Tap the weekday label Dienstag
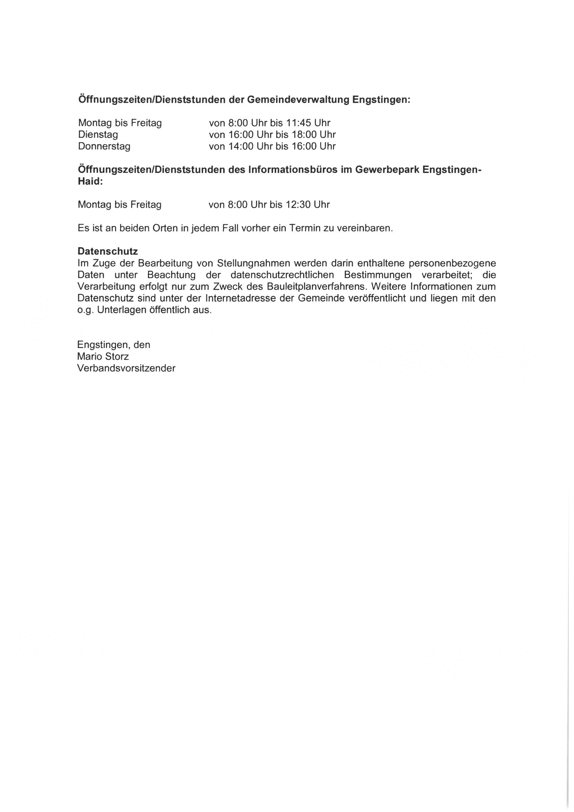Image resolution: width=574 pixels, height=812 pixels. point(98,135)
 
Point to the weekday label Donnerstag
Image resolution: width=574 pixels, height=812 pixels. point(104,147)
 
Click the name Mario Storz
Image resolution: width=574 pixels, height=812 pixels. point(103,356)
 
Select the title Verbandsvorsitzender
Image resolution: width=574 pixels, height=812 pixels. point(127,368)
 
